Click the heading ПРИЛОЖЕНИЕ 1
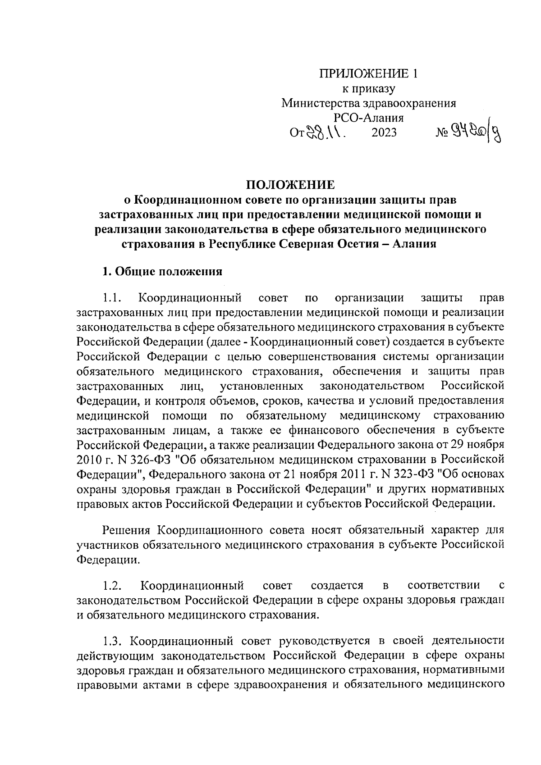tap(369, 74)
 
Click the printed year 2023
tap(384, 133)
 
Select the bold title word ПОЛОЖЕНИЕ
tap(290, 185)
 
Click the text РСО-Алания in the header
tap(369, 118)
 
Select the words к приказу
tap(369, 89)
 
